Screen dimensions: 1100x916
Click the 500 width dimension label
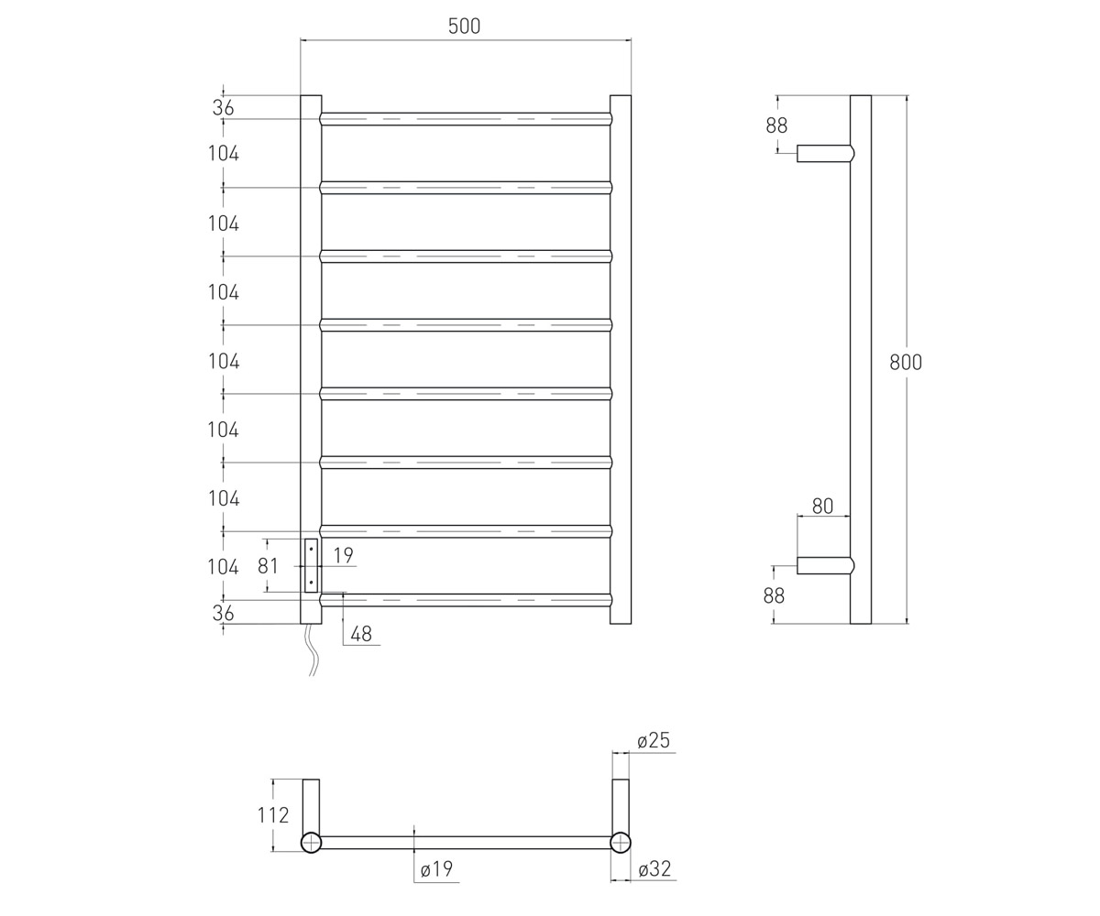click(x=464, y=26)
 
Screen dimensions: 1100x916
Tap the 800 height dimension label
click(x=906, y=362)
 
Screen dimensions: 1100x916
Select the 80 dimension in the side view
click(x=822, y=506)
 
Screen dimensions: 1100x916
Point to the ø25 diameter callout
click(x=654, y=740)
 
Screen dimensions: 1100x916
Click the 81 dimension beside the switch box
click(x=268, y=566)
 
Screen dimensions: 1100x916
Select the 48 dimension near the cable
click(x=361, y=634)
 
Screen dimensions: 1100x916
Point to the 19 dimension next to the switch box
click(x=344, y=555)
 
